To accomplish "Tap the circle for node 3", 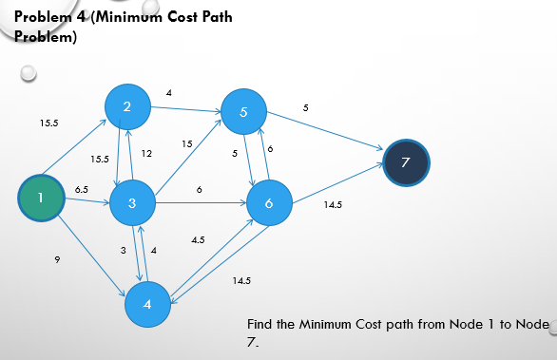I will (x=134, y=202).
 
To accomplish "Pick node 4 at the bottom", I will (x=147, y=305).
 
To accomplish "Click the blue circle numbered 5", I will (x=245, y=112).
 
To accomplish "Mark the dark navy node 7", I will (x=407, y=162).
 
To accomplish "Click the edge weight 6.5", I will (x=82, y=190).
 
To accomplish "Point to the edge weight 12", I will (x=146, y=153).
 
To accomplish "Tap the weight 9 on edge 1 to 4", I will (x=58, y=257).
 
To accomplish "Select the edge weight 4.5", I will (x=199, y=240).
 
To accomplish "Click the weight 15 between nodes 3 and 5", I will (x=187, y=143).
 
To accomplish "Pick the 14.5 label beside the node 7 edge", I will (x=334, y=204).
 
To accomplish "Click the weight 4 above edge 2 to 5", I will (x=168, y=93).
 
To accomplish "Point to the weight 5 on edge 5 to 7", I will (x=305, y=110).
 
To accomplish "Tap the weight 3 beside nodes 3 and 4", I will (x=123, y=249).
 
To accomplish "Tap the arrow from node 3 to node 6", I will (x=200, y=202).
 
